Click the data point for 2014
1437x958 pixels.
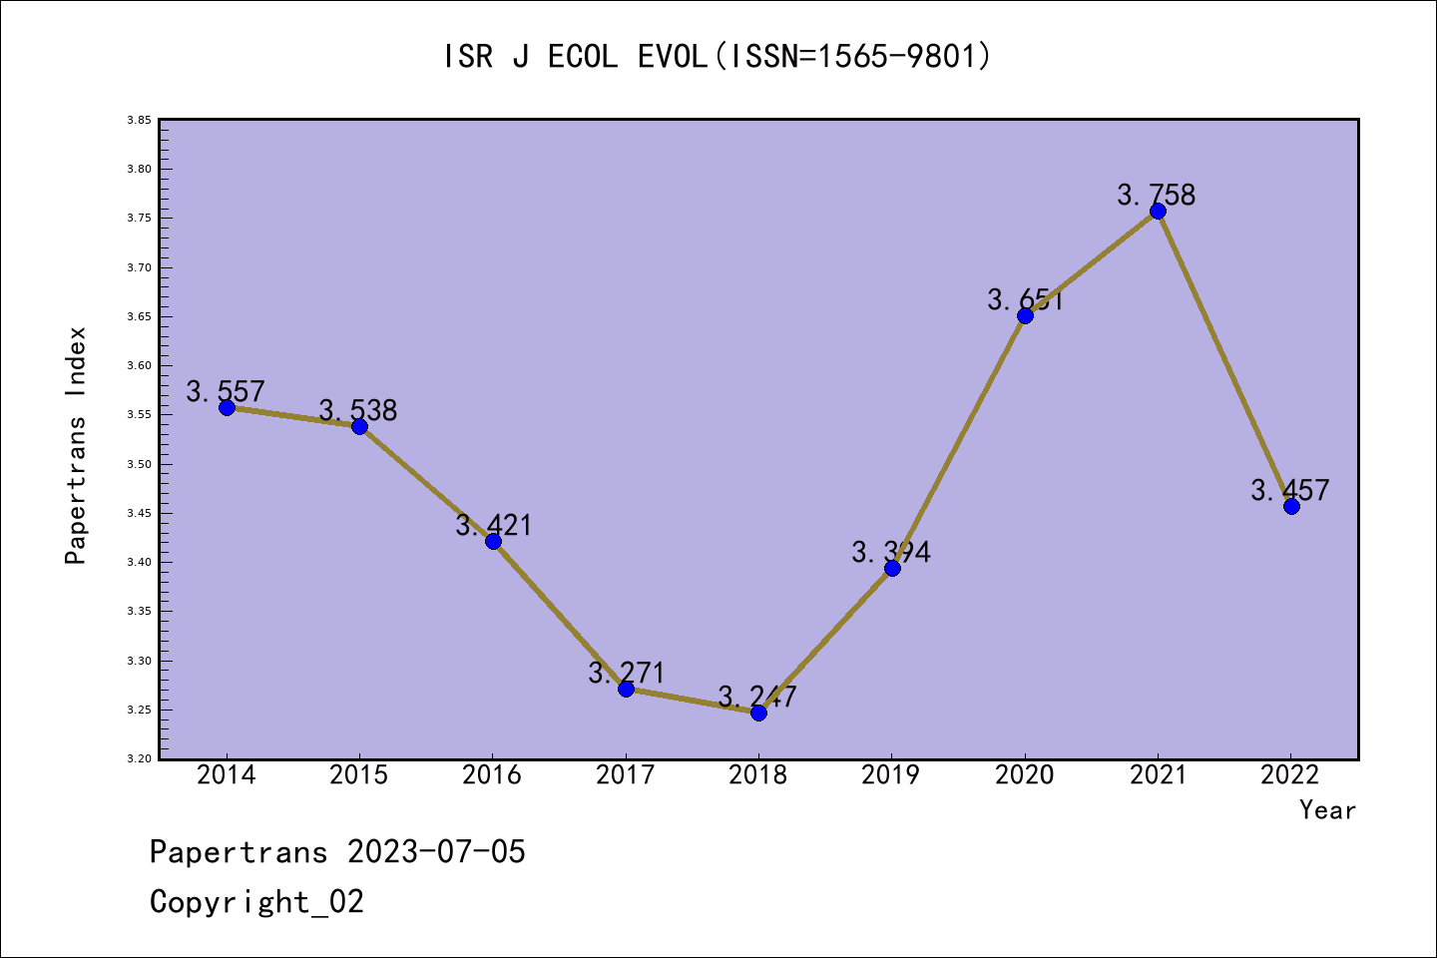pos(227,407)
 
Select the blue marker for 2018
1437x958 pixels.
pos(758,713)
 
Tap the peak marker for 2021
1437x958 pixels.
pos(1158,211)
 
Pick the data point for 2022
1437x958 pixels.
pos(1291,506)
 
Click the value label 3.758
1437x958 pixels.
pos(1156,195)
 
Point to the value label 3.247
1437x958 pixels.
pos(757,697)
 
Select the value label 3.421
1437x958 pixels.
pos(494,525)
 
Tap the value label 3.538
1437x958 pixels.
pos(358,410)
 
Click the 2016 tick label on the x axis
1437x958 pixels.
pos(492,775)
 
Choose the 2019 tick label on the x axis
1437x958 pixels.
pos(891,775)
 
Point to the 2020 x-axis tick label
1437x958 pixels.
pos(1024,775)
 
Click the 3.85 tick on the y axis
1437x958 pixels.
pos(139,121)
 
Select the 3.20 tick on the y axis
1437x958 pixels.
pos(139,759)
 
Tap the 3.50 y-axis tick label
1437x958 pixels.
pos(139,465)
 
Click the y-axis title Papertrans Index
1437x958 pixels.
pos(76,445)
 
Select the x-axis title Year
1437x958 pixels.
pos(1327,810)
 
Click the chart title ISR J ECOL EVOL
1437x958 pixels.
pos(718,57)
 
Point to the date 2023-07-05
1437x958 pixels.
pos(436,852)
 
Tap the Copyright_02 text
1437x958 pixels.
pos(256,902)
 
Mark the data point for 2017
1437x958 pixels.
pos(626,689)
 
